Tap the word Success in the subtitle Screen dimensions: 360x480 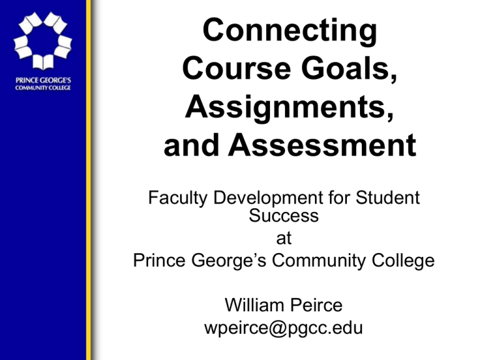coord(284,216)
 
